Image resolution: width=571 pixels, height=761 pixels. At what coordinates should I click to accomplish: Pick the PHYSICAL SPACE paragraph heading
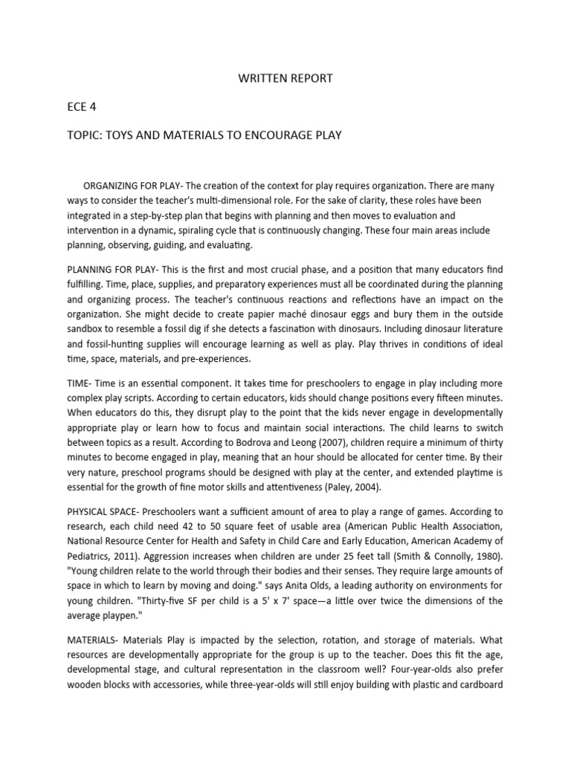[x=102, y=511]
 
